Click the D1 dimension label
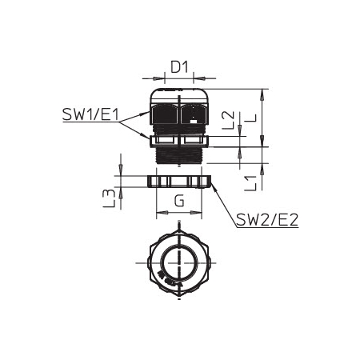coord(178,68)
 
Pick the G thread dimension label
coord(179,202)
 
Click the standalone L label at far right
coord(250,118)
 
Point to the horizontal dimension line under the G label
coord(178,213)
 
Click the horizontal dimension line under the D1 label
coord(178,78)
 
